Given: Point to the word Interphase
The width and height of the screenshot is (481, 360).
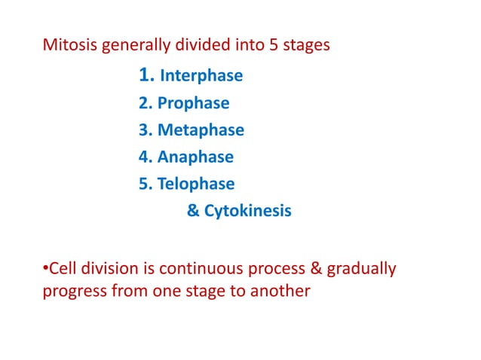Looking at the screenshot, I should coord(201,76).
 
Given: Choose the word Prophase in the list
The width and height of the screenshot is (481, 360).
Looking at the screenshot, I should coord(194,103).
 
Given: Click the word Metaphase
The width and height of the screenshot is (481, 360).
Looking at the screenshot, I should coord(201,130).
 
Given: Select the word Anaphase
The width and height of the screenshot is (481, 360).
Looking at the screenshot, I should coord(195,157).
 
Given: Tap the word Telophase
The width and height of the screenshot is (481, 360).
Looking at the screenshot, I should coord(196,185).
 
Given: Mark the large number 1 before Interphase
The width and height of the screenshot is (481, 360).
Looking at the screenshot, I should coord(146,75).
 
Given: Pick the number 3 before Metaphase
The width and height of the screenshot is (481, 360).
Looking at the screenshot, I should coord(143,130).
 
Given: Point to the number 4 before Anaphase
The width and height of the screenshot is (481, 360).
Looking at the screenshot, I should coord(143,157).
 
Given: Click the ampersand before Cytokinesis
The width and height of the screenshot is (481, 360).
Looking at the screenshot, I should coord(192,212).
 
